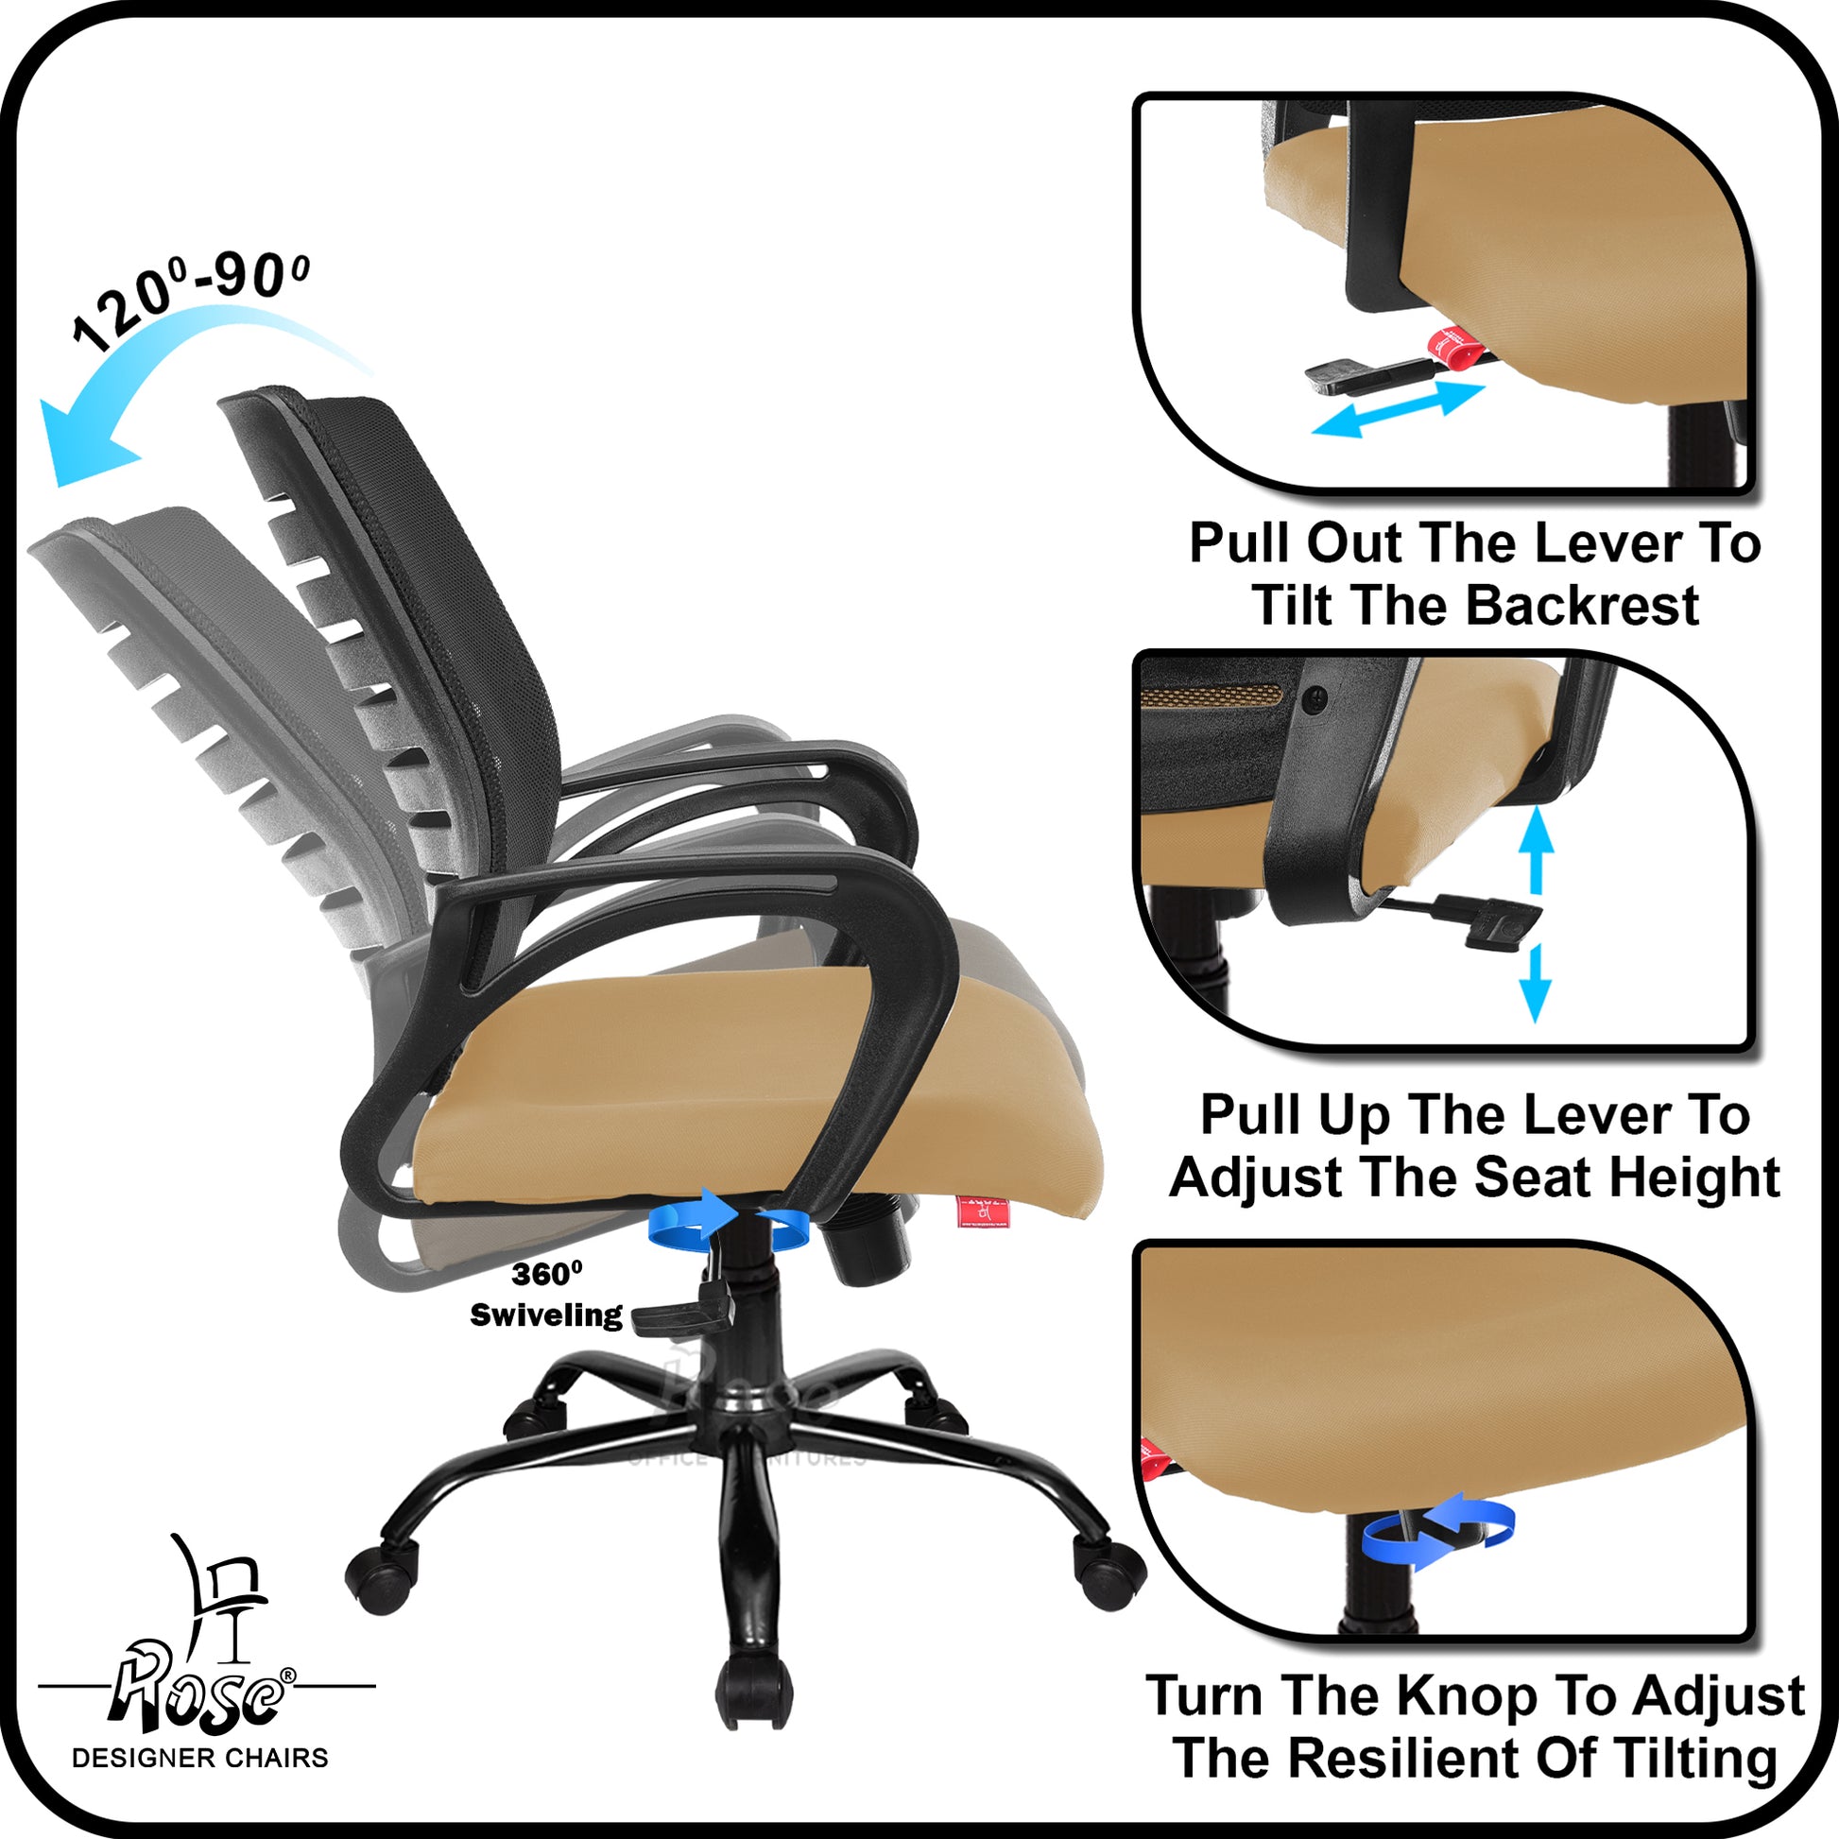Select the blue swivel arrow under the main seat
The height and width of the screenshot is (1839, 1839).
point(730,1220)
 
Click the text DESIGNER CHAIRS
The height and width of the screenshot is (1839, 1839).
point(200,1757)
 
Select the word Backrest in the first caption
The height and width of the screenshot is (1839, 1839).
point(1582,606)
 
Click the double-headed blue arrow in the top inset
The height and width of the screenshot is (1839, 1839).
point(1399,409)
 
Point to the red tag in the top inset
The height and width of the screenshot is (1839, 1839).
point(1457,348)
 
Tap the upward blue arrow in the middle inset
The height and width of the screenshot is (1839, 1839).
point(1536,849)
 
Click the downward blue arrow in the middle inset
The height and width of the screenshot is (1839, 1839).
point(1536,983)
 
